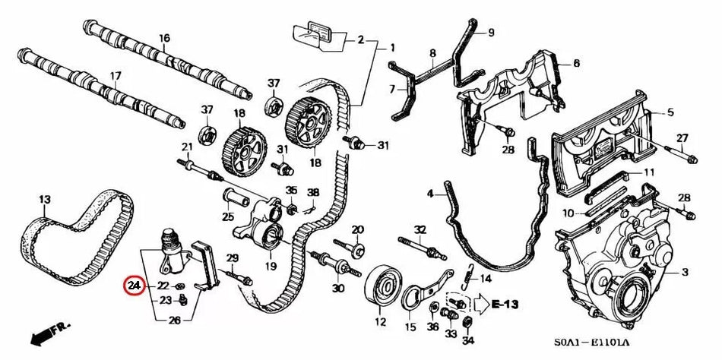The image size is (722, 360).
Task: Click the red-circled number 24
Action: (x=135, y=286)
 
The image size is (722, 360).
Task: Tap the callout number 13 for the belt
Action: (x=44, y=200)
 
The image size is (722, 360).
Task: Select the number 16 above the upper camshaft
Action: (x=164, y=38)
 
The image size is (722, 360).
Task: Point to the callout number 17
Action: (x=116, y=75)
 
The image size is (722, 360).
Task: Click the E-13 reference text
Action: (x=505, y=305)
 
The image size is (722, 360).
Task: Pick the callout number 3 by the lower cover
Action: (x=684, y=271)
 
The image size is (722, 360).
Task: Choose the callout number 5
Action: (x=670, y=112)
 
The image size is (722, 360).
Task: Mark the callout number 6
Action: (x=576, y=63)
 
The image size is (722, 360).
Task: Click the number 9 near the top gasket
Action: (x=491, y=32)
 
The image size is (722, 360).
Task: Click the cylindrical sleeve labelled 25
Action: (x=234, y=201)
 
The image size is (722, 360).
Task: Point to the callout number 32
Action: (x=420, y=229)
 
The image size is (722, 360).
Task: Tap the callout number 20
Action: (x=358, y=229)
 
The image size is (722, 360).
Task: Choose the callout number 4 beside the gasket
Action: (x=429, y=194)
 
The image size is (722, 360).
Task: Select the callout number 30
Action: (x=338, y=288)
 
